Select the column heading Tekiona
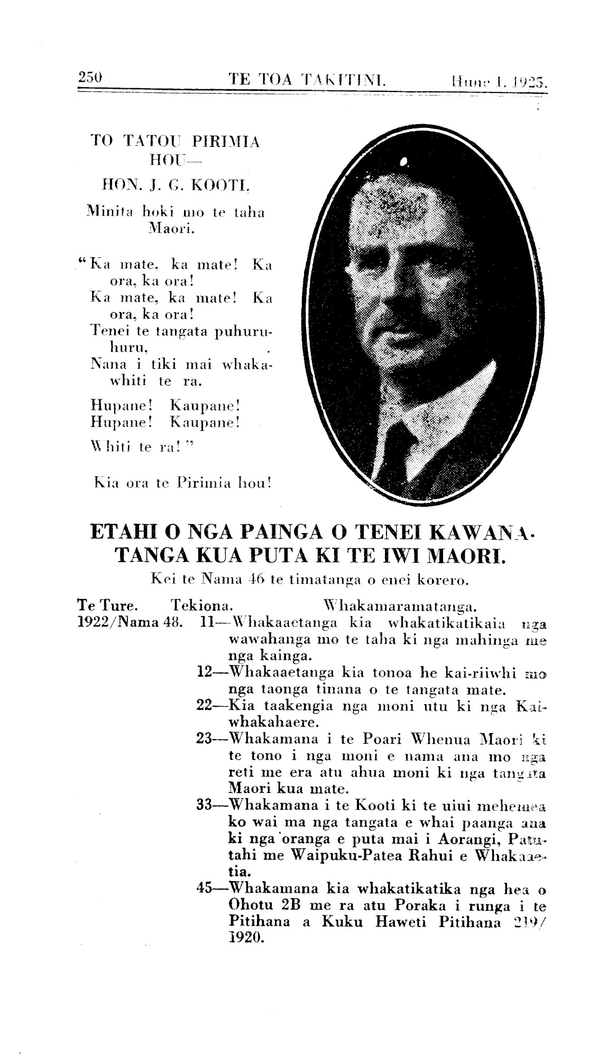(x=203, y=603)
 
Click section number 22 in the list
(x=204, y=705)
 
